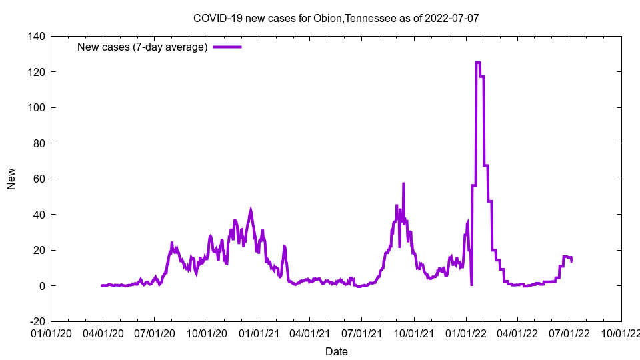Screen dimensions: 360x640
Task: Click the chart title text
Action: (336, 18)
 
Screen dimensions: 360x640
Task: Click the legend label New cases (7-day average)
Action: (143, 47)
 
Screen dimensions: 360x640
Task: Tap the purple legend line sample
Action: (227, 47)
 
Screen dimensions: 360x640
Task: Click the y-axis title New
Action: (11, 179)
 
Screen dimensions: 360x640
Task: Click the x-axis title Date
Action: (336, 351)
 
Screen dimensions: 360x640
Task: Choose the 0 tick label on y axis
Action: (41, 286)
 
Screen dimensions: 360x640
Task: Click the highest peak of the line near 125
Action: (477, 63)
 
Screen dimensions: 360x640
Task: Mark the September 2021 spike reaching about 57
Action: (403, 184)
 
